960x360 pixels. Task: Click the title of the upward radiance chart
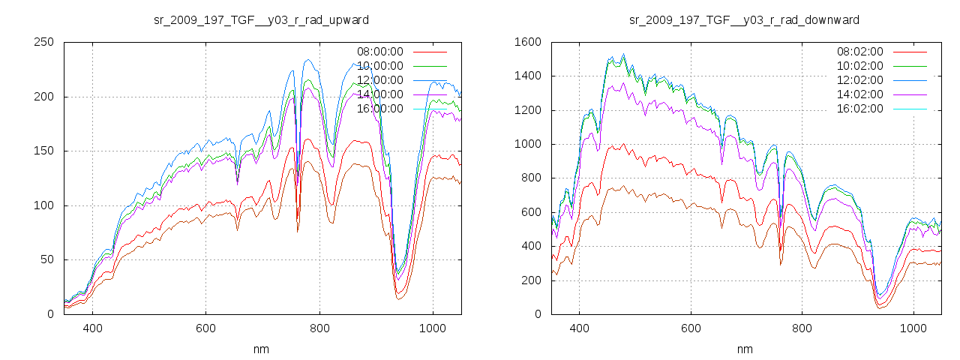tap(261, 19)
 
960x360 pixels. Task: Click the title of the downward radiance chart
tap(744, 19)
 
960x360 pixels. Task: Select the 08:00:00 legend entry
tap(379, 52)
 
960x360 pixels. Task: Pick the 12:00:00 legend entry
tap(379, 80)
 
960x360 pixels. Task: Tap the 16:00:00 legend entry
tap(379, 109)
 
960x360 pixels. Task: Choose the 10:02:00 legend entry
tap(859, 66)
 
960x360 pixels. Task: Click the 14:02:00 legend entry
tap(859, 94)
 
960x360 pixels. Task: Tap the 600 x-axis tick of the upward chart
tap(205, 328)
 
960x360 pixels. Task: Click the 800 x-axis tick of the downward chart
tap(802, 328)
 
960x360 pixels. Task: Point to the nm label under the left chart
tap(261, 349)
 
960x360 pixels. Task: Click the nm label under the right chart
tap(744, 349)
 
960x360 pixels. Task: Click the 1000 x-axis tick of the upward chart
tap(432, 328)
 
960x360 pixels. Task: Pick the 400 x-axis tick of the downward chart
tap(579, 328)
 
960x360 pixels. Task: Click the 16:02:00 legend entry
tap(859, 109)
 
